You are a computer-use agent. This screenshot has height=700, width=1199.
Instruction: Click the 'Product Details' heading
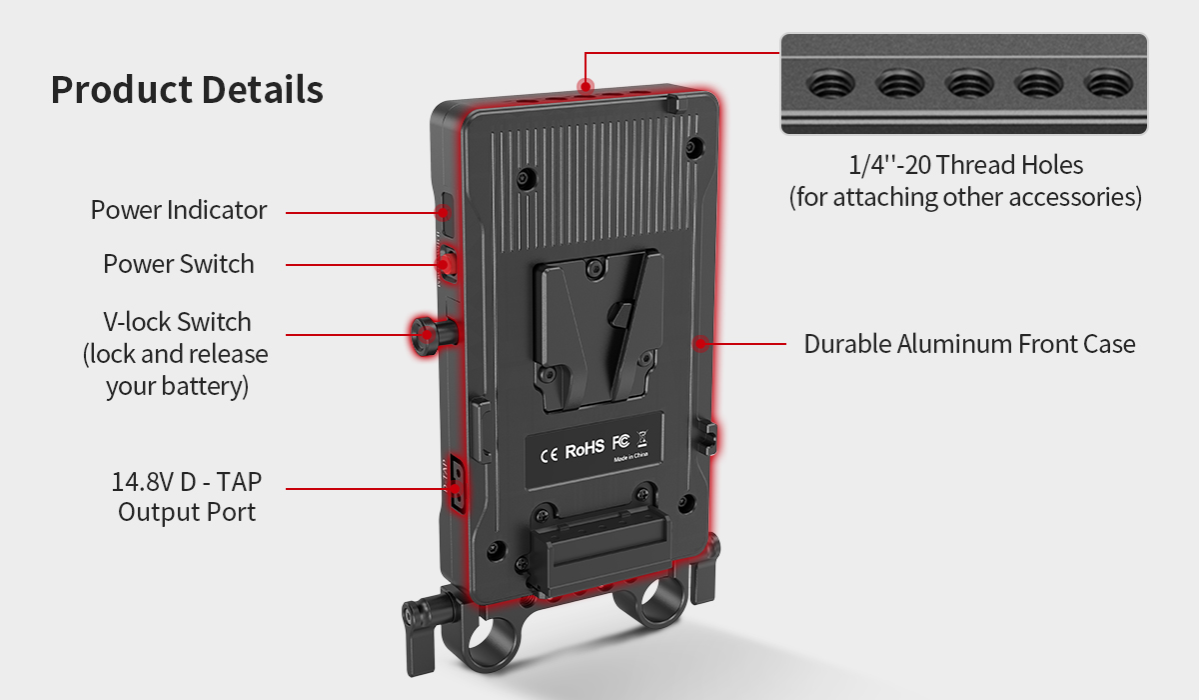tap(187, 90)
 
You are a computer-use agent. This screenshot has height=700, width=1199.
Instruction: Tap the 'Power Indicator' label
tap(179, 210)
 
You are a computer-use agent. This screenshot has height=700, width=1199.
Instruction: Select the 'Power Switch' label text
tap(179, 264)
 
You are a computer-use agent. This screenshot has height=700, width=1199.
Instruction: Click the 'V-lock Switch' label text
tap(177, 322)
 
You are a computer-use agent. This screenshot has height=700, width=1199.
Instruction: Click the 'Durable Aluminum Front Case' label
tap(969, 344)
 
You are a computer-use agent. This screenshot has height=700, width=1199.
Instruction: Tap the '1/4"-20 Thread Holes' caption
tap(964, 164)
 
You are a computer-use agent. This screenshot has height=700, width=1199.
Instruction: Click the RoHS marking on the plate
tap(585, 450)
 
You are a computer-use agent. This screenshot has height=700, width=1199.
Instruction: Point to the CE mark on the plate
tap(549, 452)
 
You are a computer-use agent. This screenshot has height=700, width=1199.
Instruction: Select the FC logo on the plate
tap(619, 446)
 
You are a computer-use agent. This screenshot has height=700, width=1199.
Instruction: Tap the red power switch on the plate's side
tap(446, 263)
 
